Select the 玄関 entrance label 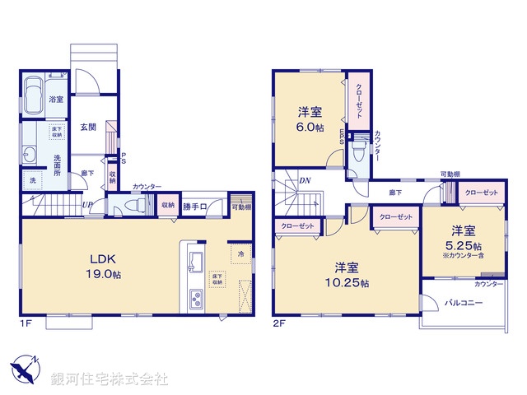[x=88, y=127]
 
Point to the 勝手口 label [x=195, y=206]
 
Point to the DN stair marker [x=304, y=181]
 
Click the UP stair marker [x=86, y=205]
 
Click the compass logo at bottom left [x=26, y=368]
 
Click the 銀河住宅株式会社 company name [x=109, y=379]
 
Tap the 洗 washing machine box [x=31, y=179]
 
